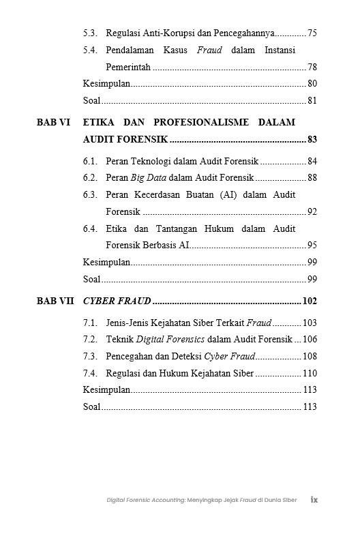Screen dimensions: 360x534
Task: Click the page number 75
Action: [x=312, y=33]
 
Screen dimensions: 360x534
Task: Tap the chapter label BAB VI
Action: [x=54, y=123]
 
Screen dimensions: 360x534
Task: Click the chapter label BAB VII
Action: [x=56, y=301]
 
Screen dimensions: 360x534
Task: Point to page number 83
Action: [x=312, y=139]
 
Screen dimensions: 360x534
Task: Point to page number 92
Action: [x=312, y=212]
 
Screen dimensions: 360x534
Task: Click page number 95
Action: [x=312, y=245]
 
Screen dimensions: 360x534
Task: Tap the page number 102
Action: [x=310, y=301]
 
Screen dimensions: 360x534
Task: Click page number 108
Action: [x=310, y=356]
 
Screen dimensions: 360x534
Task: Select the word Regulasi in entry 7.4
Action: [x=123, y=373]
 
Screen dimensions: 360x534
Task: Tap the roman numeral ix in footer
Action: [x=314, y=499]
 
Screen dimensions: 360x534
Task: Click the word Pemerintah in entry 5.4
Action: [x=128, y=68]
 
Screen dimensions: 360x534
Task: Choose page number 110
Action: [x=310, y=373]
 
